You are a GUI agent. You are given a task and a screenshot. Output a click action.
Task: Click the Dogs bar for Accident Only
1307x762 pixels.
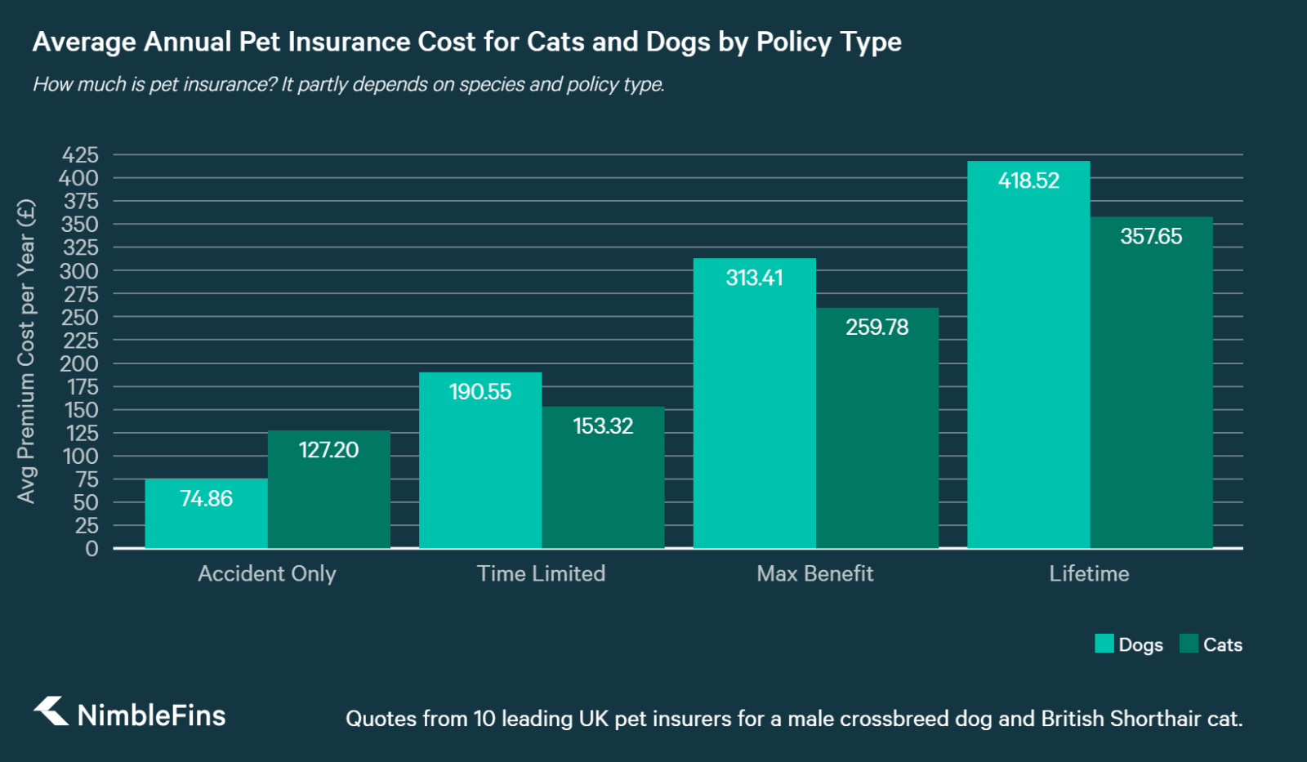[206, 523]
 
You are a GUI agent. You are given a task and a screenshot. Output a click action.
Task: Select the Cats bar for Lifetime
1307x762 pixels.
[1151, 392]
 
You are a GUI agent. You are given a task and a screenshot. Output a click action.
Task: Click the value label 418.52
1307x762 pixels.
[1028, 180]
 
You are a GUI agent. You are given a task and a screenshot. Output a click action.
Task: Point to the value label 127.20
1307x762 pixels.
[328, 450]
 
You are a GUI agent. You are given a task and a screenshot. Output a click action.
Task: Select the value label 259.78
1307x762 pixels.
[877, 328]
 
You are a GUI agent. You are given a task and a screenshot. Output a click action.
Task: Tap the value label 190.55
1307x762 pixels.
[480, 392]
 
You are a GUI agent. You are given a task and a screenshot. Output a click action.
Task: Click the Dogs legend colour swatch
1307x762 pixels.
[1104, 644]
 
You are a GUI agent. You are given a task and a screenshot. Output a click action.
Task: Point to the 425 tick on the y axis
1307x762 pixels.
[80, 155]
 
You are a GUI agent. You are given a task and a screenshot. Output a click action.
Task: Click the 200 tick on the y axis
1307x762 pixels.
[79, 363]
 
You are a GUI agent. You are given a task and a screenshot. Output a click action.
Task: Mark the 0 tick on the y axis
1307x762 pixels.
[91, 549]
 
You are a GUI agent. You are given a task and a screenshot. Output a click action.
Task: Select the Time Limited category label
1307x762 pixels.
[541, 573]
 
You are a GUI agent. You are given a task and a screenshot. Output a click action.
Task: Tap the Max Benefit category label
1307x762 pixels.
[814, 573]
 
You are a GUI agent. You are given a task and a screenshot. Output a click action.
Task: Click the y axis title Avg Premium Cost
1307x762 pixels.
[26, 351]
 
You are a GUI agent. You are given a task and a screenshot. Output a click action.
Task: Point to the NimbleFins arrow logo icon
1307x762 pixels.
[51, 711]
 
